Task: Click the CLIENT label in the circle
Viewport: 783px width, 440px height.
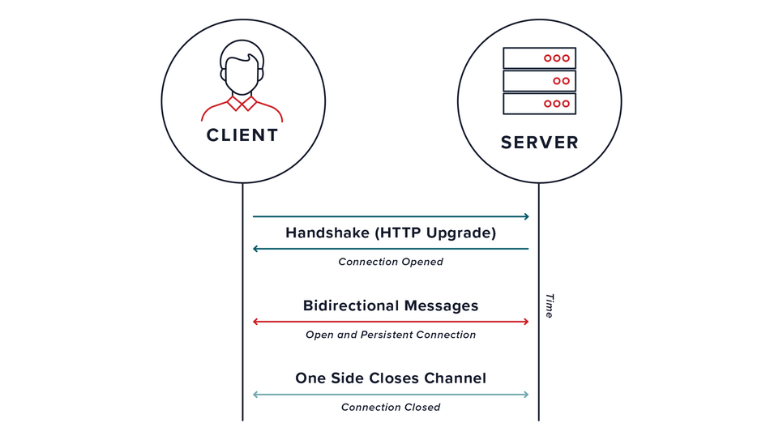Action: coord(242,135)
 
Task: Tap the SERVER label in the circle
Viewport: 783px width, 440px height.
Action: coord(539,143)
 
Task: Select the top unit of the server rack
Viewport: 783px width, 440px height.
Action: coord(539,58)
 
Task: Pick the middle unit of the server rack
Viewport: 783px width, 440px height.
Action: coord(539,81)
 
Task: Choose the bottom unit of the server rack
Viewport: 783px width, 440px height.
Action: coord(539,104)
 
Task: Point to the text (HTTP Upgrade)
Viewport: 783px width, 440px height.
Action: coord(435,233)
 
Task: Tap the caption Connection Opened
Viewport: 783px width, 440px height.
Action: coord(391,262)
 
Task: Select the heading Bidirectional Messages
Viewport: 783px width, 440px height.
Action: coord(391,305)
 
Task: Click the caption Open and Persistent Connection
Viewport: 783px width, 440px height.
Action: coord(391,335)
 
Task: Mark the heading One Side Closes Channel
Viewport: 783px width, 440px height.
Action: coord(391,378)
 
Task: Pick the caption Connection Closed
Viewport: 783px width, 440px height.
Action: coord(391,407)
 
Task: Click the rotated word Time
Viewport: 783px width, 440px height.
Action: coord(549,305)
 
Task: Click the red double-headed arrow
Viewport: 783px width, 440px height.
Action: coord(391,322)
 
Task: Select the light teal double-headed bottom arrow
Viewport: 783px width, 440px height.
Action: coord(391,395)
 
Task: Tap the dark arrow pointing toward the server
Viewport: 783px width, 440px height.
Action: coord(391,216)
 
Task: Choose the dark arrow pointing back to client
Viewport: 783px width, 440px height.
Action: coord(391,249)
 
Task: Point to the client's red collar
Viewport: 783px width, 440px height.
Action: coord(242,104)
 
